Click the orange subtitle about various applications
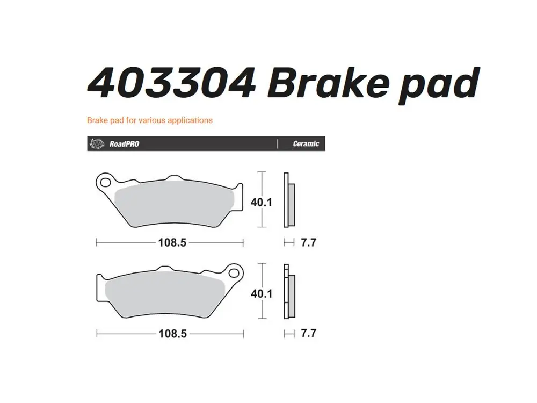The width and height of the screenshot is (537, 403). (x=150, y=120)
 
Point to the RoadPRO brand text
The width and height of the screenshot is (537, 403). (x=124, y=144)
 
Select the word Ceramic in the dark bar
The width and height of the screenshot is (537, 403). (x=306, y=144)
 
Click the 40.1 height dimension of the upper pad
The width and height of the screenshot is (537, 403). (x=262, y=202)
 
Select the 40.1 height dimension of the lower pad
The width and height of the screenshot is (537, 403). (x=262, y=294)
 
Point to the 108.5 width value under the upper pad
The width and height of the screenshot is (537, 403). (x=172, y=242)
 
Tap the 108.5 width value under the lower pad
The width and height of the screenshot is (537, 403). (x=172, y=334)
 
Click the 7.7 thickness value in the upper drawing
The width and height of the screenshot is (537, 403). (x=308, y=242)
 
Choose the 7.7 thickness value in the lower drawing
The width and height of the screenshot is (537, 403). (x=308, y=334)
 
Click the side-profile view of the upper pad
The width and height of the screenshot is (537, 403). (x=288, y=200)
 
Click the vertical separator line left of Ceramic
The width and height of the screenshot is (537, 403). (x=277, y=144)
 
